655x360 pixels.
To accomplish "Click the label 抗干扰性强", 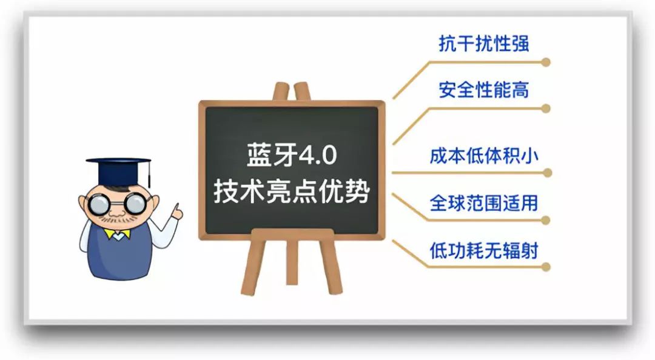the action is click(x=484, y=44).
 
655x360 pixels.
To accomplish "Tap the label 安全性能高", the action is click(x=484, y=90).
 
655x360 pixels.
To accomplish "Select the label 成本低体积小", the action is click(x=484, y=156).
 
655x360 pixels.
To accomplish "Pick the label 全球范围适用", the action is click(x=484, y=203).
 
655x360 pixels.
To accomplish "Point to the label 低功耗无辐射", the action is click(x=484, y=250).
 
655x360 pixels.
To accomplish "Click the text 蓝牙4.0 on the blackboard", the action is click(x=292, y=155).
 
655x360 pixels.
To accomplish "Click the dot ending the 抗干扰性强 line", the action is click(x=546, y=62).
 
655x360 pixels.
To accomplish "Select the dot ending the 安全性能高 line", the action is click(x=546, y=108).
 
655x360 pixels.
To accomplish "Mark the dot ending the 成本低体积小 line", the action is click(x=547, y=173).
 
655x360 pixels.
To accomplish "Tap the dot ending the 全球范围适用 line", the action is click(x=546, y=220).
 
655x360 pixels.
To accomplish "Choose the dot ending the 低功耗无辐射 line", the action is click(x=546, y=267).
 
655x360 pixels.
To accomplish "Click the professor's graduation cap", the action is click(x=118, y=172).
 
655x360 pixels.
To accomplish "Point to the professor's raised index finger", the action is click(x=176, y=207).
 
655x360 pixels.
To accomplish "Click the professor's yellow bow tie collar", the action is click(x=118, y=234).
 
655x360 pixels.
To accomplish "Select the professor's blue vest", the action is click(x=119, y=254).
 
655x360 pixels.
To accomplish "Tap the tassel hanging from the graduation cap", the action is click(x=149, y=175).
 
